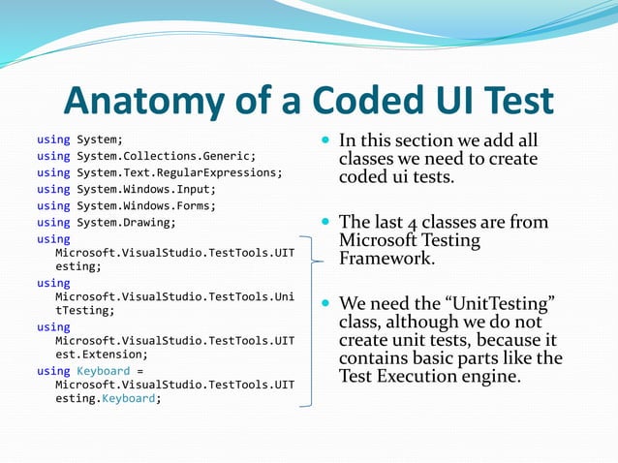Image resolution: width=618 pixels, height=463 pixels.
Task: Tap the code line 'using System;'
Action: (x=79, y=139)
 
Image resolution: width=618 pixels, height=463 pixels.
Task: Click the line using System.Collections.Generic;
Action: (x=145, y=156)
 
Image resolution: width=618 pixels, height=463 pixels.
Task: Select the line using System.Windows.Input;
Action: (x=126, y=189)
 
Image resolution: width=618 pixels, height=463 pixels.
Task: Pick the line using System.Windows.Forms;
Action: (x=126, y=205)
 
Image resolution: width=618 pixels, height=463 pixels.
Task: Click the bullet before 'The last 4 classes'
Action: (x=325, y=224)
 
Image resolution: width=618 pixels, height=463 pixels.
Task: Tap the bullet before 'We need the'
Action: (x=325, y=305)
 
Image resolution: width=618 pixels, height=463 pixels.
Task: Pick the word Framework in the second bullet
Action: (x=386, y=259)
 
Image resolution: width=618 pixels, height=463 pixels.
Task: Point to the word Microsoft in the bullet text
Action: (x=380, y=240)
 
